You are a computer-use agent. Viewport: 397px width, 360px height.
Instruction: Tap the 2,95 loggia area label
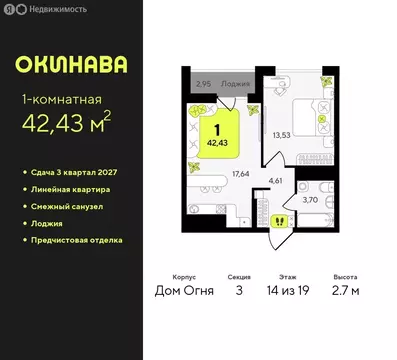[205, 85]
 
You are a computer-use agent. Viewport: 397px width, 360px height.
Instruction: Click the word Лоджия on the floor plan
[236, 85]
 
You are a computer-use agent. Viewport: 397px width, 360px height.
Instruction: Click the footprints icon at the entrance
[253, 221]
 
